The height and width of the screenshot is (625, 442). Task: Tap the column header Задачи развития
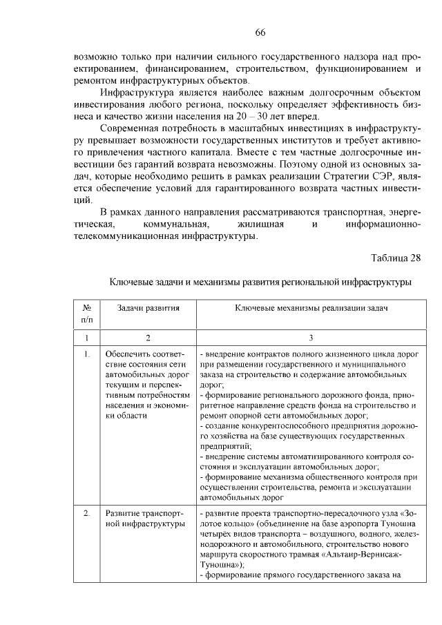point(148,308)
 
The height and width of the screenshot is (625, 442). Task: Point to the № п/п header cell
point(87,314)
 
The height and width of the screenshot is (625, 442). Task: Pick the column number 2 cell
point(148,338)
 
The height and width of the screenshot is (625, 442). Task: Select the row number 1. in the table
point(87,355)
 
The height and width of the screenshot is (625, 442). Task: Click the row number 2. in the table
point(87,514)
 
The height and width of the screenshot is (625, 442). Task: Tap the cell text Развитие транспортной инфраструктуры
point(144,519)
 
